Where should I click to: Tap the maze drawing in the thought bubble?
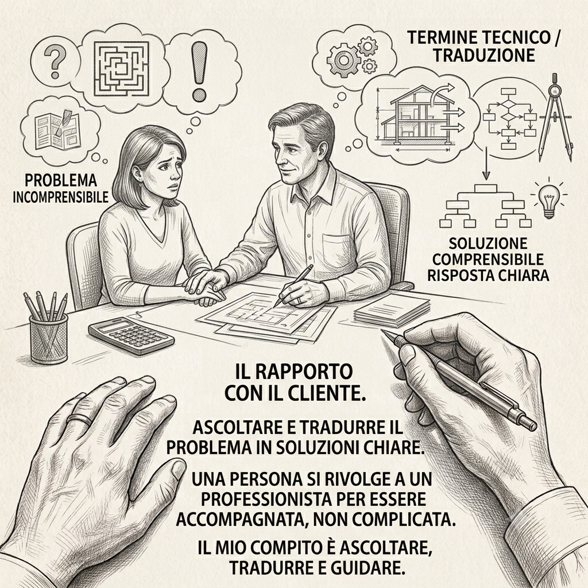pyautogui.click(x=122, y=69)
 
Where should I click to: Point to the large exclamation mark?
pyautogui.click(x=199, y=71)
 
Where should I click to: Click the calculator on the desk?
pyautogui.click(x=131, y=335)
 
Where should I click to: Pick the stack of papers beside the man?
pyautogui.click(x=392, y=310)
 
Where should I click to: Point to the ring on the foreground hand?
pyautogui.click(x=79, y=419)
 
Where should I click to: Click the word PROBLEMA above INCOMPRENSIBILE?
pyautogui.click(x=61, y=180)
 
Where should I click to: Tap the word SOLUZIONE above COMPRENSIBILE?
pyautogui.click(x=488, y=243)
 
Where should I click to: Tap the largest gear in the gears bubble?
pyautogui.click(x=343, y=59)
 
